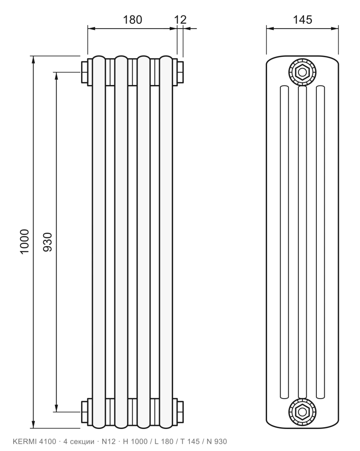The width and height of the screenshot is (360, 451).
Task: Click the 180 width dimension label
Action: point(132,20)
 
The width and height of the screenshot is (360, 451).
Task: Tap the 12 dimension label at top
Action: point(180,20)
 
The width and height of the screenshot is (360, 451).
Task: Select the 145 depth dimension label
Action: point(302,20)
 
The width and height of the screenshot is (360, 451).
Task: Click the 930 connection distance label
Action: point(48,242)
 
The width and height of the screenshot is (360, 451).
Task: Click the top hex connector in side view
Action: point(302,72)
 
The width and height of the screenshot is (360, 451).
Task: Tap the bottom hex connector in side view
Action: point(302,412)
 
